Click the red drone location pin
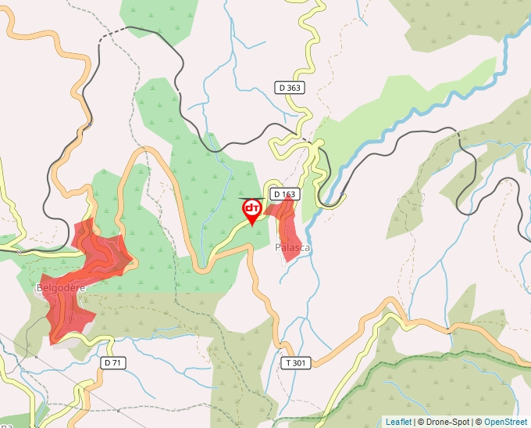[252, 210]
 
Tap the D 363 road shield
[289, 88]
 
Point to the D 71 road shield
[113, 363]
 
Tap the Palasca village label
[292, 248]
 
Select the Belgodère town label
[61, 288]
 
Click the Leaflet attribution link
[399, 422]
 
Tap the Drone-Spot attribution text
[445, 422]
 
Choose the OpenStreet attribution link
[505, 422]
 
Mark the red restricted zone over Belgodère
[78, 282]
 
